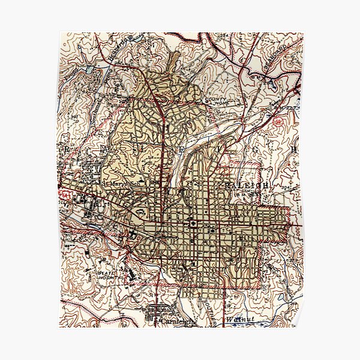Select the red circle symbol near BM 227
click(278, 121)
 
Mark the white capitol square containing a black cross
click(194, 223)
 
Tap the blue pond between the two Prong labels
click(90, 70)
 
